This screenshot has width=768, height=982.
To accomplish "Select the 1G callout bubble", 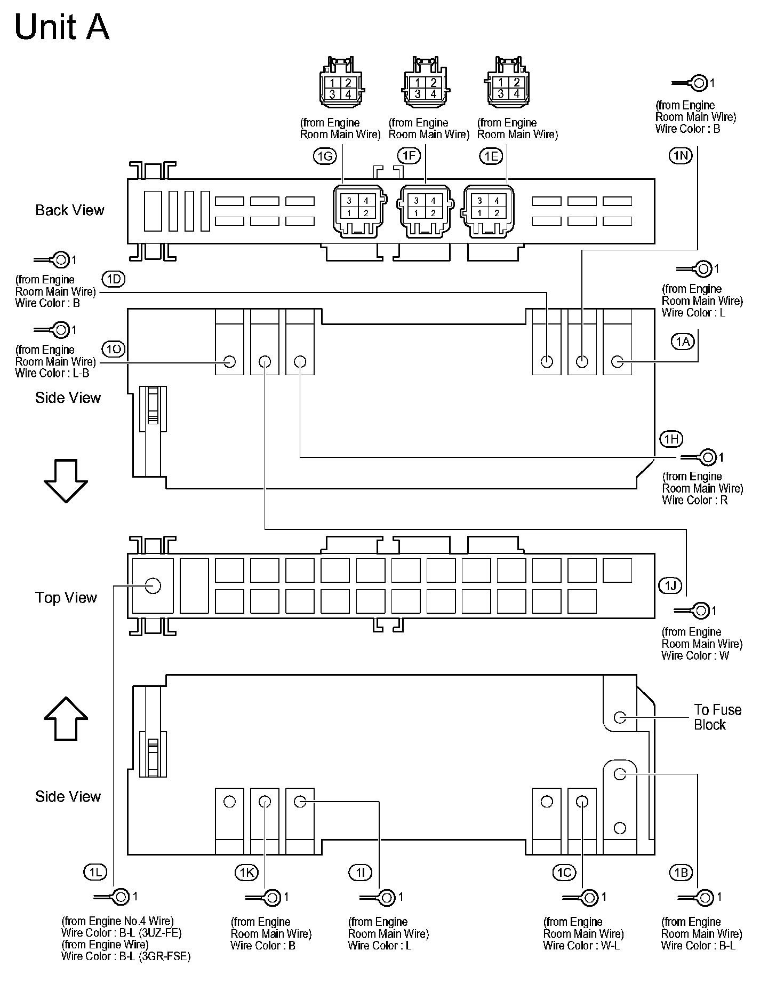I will point(324,156).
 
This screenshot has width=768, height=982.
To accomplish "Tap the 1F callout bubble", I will point(409,156).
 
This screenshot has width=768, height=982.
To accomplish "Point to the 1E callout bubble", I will point(491,156).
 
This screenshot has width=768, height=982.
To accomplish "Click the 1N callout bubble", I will point(680,155).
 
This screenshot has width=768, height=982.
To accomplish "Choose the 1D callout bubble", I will point(113,279).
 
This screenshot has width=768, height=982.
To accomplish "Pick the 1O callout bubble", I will point(113,350).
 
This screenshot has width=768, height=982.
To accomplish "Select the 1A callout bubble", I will point(683,342).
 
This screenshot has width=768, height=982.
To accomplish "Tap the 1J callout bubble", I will point(670,585).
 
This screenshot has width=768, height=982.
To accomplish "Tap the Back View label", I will point(70,210).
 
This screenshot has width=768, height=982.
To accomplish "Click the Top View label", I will point(66,598).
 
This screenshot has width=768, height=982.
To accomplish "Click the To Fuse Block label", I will point(717,717).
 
